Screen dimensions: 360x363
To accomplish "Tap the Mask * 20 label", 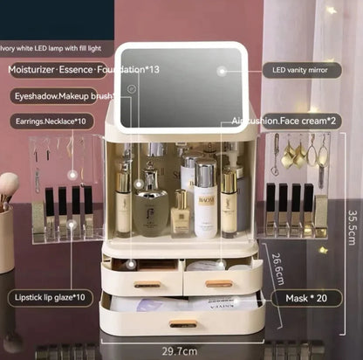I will [307, 297].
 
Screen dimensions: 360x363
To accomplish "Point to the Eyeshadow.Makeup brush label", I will [65, 94].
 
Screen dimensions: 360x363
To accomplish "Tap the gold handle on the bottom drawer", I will [182, 323].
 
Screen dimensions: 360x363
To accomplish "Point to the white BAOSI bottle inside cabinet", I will [205, 204].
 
